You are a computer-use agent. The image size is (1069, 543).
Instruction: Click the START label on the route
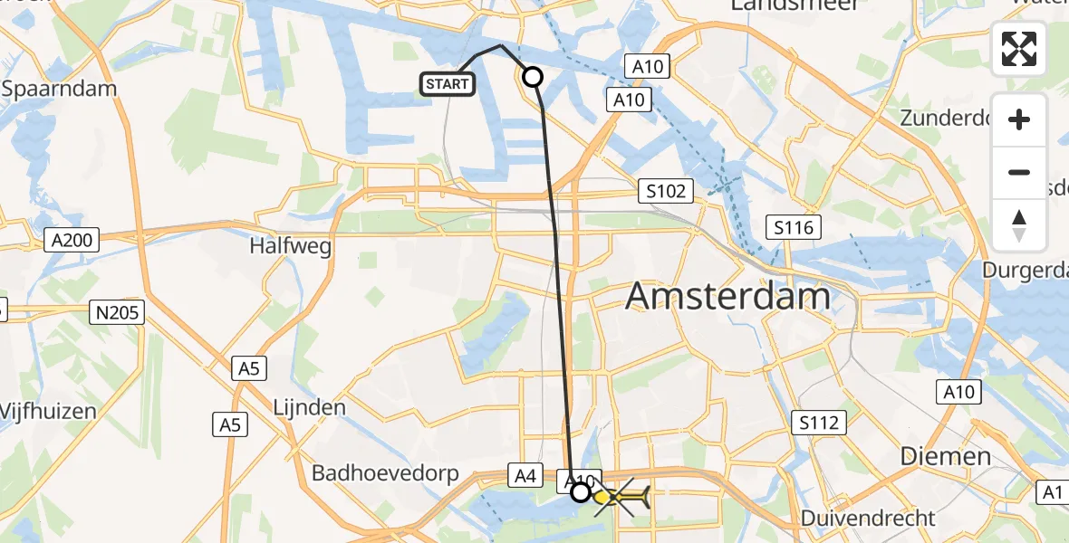click(447, 84)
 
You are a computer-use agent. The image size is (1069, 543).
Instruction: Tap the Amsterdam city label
click(727, 296)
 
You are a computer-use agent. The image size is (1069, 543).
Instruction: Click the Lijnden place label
click(310, 407)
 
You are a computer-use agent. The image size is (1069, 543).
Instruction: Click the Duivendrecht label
click(869, 518)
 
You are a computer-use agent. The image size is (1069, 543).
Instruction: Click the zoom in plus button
click(1019, 119)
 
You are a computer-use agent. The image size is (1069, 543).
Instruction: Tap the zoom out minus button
click(1019, 172)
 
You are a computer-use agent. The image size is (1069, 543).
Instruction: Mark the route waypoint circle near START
click(533, 78)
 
